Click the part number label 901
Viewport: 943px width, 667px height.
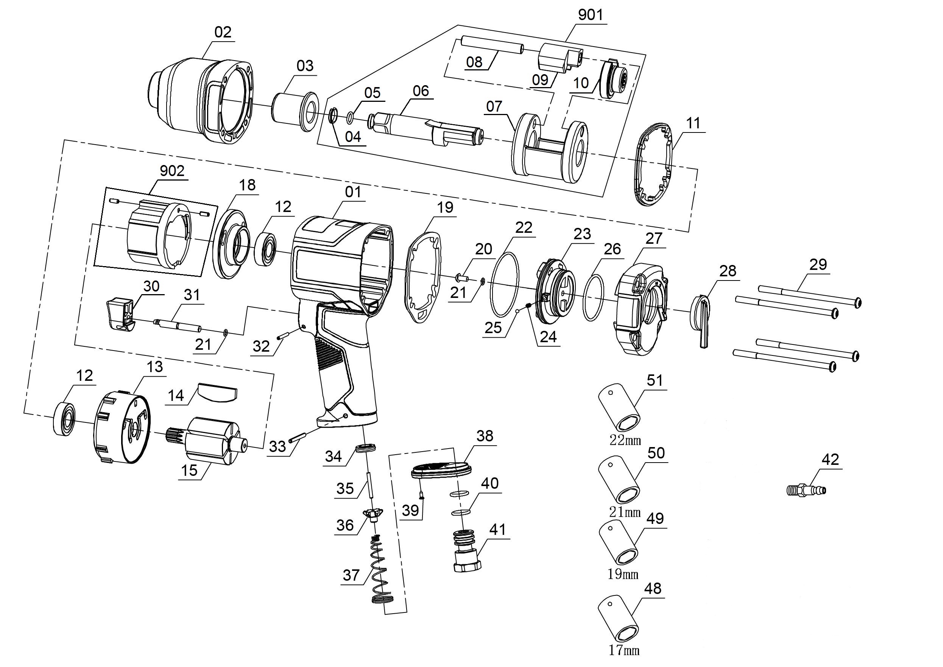click(590, 15)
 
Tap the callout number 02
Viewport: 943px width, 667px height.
click(223, 32)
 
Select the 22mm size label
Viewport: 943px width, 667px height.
click(625, 441)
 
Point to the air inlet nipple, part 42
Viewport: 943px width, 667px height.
click(807, 489)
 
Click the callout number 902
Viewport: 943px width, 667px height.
click(172, 171)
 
